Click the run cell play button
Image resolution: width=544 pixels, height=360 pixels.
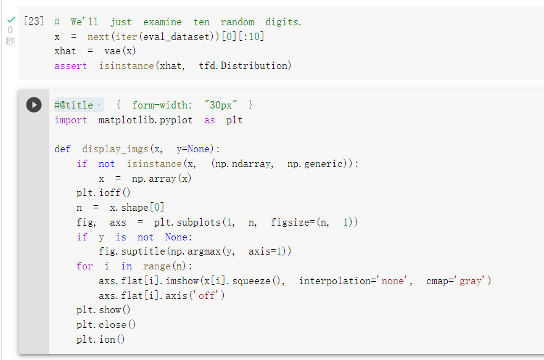34,105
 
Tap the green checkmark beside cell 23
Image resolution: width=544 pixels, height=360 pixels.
11,20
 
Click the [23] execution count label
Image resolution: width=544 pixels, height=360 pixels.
34,21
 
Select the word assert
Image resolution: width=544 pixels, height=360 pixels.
70,66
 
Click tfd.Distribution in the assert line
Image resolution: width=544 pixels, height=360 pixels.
245,65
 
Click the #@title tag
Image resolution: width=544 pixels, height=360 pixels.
73,105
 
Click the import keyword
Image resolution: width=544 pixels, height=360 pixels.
71,120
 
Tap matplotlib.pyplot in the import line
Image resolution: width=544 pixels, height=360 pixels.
146,120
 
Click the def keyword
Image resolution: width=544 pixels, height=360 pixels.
62,149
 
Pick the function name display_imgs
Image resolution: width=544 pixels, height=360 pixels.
115,149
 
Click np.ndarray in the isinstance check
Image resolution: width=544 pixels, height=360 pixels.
242,164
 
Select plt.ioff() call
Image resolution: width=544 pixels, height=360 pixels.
104,192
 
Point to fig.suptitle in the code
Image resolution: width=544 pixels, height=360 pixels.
131,251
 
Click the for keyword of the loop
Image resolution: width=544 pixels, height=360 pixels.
84,266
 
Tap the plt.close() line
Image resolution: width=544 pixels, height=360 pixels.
106,324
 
